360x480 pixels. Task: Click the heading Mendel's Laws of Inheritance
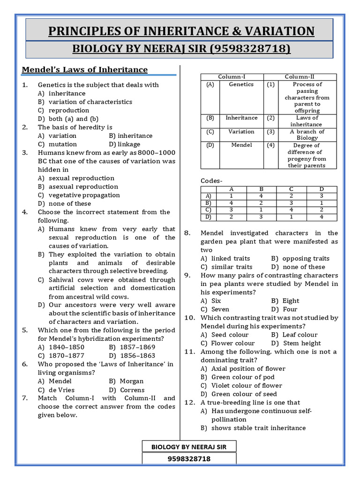pos(85,70)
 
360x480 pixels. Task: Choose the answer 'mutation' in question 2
pos(62,144)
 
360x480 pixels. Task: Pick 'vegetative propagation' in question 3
pos(84,195)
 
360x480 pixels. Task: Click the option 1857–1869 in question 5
pos(131,347)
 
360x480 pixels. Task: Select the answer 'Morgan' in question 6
pos(131,381)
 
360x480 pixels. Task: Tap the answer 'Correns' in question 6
pos(132,390)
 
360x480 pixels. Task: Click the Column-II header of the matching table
pos(300,77)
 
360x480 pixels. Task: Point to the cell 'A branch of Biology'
pos(307,135)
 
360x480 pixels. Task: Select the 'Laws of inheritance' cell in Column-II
pos(307,121)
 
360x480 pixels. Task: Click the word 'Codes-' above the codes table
pos(212,181)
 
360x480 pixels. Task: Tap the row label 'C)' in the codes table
pos(208,210)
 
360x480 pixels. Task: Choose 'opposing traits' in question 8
pos(306,258)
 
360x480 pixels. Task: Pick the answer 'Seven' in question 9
pos(220,309)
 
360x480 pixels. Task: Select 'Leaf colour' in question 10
pos(300,335)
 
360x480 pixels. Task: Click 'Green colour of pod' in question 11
pos(243,377)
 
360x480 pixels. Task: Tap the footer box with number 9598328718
pos(189,458)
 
